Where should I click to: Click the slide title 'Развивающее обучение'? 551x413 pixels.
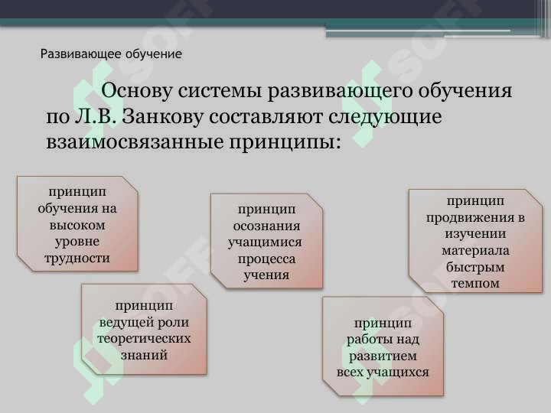111,54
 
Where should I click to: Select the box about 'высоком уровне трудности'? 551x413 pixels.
77,223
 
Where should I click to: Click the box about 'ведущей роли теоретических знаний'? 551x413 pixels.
144,329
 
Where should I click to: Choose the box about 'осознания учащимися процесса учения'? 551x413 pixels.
266,240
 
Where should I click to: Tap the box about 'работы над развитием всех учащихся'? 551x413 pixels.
383,346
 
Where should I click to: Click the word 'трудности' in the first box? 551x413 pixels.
77,258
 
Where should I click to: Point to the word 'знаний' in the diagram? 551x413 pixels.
144,354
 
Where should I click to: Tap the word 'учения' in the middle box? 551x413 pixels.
266,275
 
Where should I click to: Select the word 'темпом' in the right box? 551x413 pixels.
475,283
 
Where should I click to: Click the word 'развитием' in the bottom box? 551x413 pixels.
383,356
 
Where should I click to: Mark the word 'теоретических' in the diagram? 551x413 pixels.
144,338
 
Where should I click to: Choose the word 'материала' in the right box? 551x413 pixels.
475,250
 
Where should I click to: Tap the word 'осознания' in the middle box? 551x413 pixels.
266,226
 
